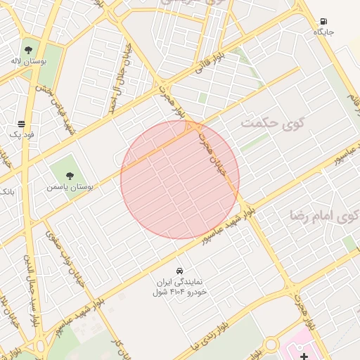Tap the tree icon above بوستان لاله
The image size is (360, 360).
(x=28, y=50)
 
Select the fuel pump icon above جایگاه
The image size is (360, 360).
(x=323, y=22)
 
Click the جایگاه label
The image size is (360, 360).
(x=323, y=32)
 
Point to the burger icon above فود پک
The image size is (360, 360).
(x=21, y=124)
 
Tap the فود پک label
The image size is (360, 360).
(x=21, y=134)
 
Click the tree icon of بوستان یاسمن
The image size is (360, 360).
(x=69, y=176)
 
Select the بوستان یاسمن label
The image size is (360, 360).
(x=69, y=187)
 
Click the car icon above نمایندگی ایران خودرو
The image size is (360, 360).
(x=179, y=271)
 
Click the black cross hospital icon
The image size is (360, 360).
(x=304, y=356)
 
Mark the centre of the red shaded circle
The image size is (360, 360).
(x=180, y=179)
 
